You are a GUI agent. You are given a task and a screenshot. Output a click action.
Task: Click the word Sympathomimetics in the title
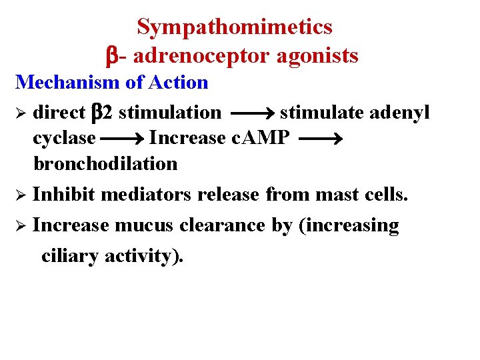click(x=235, y=27)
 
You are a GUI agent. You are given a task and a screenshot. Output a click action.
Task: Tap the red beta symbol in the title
click(x=113, y=56)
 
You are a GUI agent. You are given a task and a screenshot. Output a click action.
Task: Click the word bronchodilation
click(x=105, y=163)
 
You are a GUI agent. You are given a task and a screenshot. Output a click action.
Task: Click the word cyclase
click(x=64, y=139)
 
